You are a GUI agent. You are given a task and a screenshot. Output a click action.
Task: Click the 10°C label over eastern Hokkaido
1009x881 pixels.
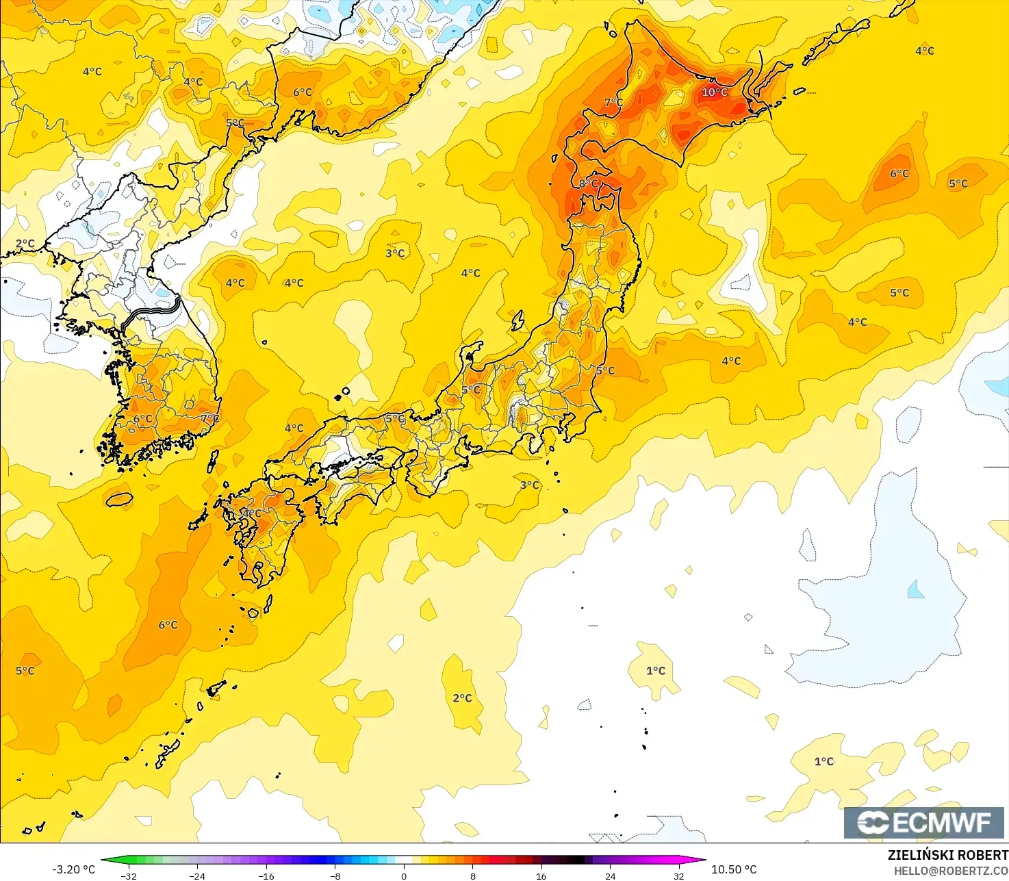[x=715, y=92]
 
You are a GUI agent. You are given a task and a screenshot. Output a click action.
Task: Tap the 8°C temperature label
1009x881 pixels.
[x=589, y=183]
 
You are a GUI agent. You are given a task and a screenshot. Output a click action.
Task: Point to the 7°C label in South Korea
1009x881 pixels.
[x=210, y=418]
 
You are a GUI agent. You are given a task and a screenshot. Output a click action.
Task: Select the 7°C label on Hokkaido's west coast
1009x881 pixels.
[x=613, y=103]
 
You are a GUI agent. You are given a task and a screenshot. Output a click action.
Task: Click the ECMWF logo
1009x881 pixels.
[x=923, y=822]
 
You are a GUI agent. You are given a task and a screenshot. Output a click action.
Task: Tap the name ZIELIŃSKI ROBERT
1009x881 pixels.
[x=947, y=855]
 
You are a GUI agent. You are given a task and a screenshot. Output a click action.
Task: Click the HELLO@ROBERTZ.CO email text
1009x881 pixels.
[x=951, y=870]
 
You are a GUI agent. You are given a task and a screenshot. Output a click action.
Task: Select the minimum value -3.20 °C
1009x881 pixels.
[x=74, y=869]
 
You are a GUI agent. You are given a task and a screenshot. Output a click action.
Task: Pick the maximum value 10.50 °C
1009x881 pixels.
[x=734, y=869]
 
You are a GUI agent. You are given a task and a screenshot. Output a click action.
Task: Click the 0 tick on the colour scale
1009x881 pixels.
[x=404, y=876]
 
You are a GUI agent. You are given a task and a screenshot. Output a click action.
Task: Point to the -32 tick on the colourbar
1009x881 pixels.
[x=129, y=876]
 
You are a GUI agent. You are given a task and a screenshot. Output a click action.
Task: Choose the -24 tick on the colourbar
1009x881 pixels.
[x=197, y=876]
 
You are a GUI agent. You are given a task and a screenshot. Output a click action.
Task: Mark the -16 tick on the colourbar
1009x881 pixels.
[x=266, y=876]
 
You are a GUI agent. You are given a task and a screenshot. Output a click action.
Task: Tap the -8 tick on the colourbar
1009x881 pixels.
[x=335, y=876]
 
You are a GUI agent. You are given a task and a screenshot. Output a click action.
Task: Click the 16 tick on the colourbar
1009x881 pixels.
[x=541, y=876]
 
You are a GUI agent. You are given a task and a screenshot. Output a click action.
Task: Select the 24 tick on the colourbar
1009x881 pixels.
[x=610, y=876]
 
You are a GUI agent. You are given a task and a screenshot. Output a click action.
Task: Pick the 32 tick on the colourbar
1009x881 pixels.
[x=678, y=876]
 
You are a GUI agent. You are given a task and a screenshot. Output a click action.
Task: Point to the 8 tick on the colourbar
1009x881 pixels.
[x=473, y=876]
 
